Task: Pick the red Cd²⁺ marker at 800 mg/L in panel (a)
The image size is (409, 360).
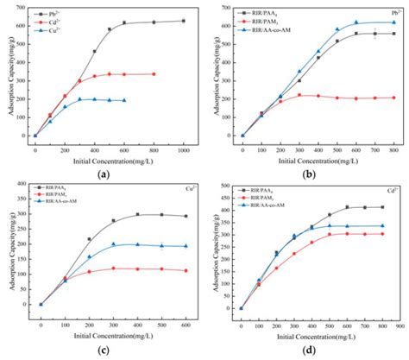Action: point(154,74)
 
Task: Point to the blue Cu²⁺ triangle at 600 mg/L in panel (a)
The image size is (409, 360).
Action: point(124,100)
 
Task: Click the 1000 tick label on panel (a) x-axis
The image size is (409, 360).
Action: point(183,143)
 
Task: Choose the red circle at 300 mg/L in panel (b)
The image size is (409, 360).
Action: point(299,95)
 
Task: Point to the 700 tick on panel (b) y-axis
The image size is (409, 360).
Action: point(233,11)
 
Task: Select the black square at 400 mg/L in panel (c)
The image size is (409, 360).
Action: point(137,214)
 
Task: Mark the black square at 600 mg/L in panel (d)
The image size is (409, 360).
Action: point(348,207)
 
